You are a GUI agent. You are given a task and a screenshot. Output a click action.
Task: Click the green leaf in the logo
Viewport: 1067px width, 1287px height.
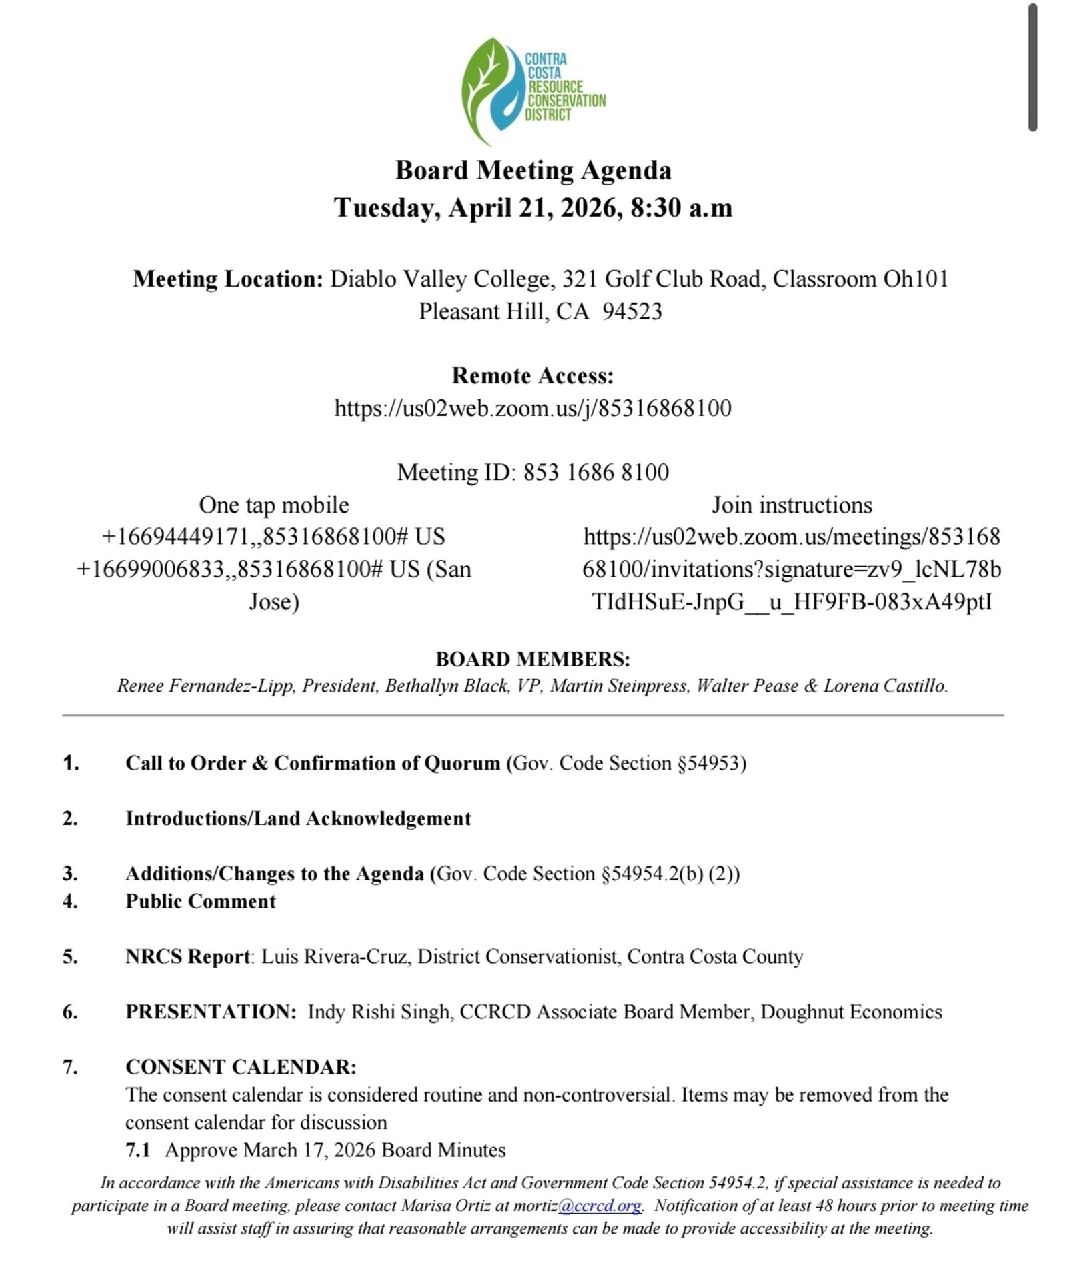tap(481, 87)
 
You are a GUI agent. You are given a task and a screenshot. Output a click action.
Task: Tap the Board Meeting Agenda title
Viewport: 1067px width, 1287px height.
tap(533, 171)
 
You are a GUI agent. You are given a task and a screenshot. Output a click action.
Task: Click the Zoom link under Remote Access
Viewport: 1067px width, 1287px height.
tap(533, 408)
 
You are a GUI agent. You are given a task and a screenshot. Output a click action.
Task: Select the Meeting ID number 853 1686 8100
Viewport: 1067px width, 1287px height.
tap(596, 473)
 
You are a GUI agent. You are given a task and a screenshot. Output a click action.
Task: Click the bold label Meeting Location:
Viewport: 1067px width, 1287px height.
tap(228, 279)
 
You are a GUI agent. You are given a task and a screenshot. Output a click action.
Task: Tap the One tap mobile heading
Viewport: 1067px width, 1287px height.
tap(274, 505)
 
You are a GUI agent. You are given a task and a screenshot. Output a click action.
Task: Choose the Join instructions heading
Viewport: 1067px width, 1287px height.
tap(792, 505)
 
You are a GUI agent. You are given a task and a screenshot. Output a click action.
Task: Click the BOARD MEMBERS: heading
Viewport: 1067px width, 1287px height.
tap(533, 659)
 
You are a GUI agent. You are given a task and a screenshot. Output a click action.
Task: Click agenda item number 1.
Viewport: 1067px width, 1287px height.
tap(71, 763)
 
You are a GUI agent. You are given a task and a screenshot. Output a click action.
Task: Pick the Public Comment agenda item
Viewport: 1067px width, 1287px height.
tap(201, 902)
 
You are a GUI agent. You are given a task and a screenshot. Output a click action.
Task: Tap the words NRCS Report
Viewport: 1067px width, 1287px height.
tap(187, 957)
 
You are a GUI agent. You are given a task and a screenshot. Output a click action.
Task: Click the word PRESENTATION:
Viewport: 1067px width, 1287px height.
tap(211, 1012)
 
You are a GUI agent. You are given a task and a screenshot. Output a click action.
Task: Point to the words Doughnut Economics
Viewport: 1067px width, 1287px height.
tap(851, 1012)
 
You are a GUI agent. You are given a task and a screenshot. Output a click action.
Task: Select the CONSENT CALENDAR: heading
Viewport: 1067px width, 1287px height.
tap(241, 1067)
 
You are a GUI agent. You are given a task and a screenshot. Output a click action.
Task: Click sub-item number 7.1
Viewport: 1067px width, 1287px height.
tap(137, 1150)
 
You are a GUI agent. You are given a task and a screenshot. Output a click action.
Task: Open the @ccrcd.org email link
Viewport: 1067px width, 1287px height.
tap(600, 1206)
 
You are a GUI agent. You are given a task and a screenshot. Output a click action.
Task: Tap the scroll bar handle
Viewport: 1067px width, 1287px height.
tap(1032, 67)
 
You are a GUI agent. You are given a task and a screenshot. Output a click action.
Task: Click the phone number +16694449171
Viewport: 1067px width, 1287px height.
tap(175, 537)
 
